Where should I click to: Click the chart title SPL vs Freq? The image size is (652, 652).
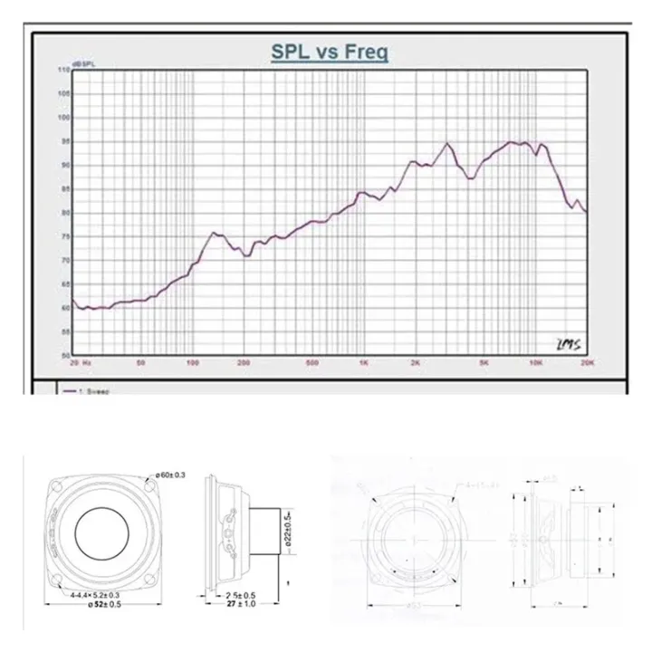(x=330, y=53)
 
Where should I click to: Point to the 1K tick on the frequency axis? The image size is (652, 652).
(x=363, y=362)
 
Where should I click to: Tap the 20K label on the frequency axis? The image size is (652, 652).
(x=586, y=362)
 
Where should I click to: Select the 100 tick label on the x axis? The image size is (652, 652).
(x=191, y=362)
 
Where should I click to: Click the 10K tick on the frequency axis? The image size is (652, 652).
(x=535, y=362)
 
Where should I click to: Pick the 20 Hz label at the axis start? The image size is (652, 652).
(x=81, y=362)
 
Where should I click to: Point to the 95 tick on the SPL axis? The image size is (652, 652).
(x=65, y=140)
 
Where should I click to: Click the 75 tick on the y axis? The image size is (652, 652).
(x=65, y=236)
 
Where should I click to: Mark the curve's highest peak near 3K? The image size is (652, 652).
(x=447, y=143)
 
